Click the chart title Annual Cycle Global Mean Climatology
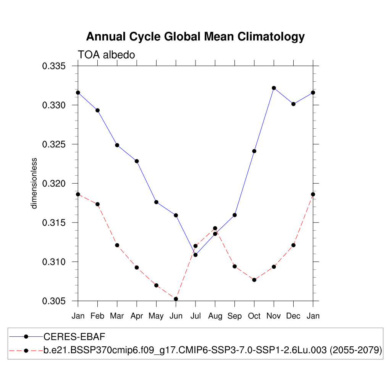click(195, 37)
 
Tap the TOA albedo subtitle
click(107, 55)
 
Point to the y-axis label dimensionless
click(34, 183)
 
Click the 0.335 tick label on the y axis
click(54, 66)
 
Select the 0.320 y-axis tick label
click(54, 184)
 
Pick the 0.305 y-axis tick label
click(54, 301)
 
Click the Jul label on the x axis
click(195, 316)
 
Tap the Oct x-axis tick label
click(254, 316)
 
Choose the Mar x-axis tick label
click(117, 316)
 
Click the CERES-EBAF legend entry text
click(74, 337)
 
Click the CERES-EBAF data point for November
click(274, 88)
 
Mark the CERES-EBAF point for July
click(195, 255)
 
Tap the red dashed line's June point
click(176, 299)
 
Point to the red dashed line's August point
click(215, 228)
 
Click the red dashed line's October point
click(254, 280)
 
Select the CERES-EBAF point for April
click(137, 161)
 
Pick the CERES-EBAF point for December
click(293, 104)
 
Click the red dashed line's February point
click(97, 204)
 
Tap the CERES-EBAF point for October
click(254, 151)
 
